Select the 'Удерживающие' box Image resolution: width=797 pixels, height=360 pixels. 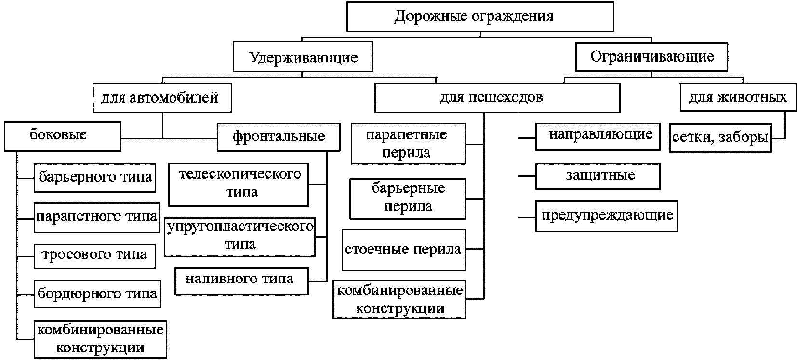(303, 58)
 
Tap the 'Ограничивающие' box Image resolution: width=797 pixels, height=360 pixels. (651, 57)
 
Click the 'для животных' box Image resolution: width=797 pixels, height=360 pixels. (737, 98)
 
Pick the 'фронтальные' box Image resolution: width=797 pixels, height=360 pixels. (278, 137)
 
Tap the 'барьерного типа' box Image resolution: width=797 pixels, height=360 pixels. (95, 178)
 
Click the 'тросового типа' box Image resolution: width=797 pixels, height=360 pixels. (94, 255)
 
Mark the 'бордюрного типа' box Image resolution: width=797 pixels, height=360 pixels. (97, 293)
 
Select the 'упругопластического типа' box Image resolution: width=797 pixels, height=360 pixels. (239, 236)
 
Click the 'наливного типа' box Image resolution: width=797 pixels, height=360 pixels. (241, 280)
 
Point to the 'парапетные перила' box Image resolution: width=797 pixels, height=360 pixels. (408, 144)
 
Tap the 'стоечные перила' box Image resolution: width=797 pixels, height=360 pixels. (403, 250)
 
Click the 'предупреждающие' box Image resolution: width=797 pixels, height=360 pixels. (607, 215)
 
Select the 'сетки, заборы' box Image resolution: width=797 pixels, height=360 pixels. (720, 138)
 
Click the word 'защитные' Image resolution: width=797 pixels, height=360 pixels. (600, 175)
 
